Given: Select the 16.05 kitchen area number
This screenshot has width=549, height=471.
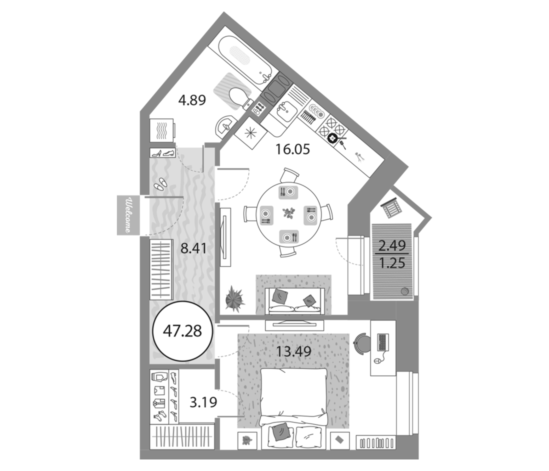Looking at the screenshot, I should click(x=293, y=149).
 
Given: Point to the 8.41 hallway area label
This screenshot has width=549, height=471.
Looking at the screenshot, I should click(x=193, y=249).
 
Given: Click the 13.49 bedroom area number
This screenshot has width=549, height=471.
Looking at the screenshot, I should click(x=294, y=352).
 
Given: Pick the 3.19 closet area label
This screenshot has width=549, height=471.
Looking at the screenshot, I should click(x=203, y=402).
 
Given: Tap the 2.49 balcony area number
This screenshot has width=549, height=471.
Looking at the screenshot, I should click(x=392, y=246).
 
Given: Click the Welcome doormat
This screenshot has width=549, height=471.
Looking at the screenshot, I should click(x=128, y=215).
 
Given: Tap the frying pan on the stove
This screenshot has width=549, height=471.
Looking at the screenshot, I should click(x=333, y=138).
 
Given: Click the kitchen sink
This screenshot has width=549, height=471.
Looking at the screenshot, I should click(x=287, y=111).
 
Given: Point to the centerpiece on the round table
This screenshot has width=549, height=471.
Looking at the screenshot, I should click(x=289, y=213).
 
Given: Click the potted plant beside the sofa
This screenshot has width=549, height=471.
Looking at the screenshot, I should click(x=234, y=299).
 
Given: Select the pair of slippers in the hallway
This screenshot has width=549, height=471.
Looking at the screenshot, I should click(x=160, y=183).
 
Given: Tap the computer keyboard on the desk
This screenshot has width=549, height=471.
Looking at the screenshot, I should click(x=383, y=342).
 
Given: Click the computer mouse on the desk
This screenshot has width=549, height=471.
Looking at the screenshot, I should click(x=377, y=361).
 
